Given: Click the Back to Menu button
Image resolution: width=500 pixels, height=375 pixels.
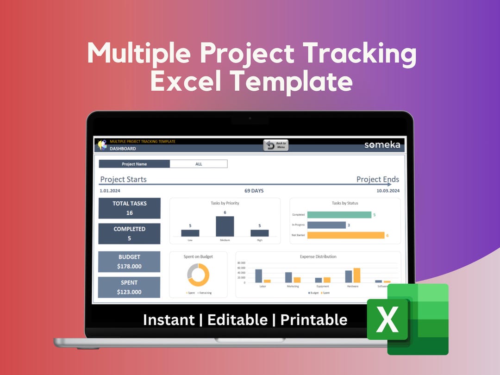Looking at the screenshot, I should [276, 145].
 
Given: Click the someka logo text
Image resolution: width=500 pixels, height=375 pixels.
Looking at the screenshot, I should [382, 144].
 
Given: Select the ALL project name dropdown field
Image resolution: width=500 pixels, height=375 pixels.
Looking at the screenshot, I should [199, 164].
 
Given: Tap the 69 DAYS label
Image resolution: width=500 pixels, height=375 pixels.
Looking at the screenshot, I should [254, 190].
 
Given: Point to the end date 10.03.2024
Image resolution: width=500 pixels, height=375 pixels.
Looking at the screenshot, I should [388, 190].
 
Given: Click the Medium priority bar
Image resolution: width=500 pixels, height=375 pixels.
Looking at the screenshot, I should [225, 226].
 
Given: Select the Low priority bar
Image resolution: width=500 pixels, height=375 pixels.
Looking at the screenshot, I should [190, 233].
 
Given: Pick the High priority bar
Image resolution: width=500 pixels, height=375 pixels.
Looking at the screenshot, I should [260, 233].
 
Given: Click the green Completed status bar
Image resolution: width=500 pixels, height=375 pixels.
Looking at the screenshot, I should [339, 215].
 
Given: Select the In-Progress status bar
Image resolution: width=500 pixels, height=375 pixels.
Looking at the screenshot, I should [326, 225].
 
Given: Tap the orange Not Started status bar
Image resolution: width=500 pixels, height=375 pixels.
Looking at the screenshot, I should [345, 235].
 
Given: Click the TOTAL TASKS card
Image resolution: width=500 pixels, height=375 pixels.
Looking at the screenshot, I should [130, 208].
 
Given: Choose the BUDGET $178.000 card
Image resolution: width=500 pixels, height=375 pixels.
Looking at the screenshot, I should [130, 262].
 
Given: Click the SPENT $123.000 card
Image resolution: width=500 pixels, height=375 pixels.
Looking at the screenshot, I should [130, 287].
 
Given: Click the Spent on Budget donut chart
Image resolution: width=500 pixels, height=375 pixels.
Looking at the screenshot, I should [198, 275].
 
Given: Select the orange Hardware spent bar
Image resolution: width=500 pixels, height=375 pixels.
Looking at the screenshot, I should [356, 275].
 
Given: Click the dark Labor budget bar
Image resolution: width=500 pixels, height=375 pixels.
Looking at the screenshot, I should [258, 276].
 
